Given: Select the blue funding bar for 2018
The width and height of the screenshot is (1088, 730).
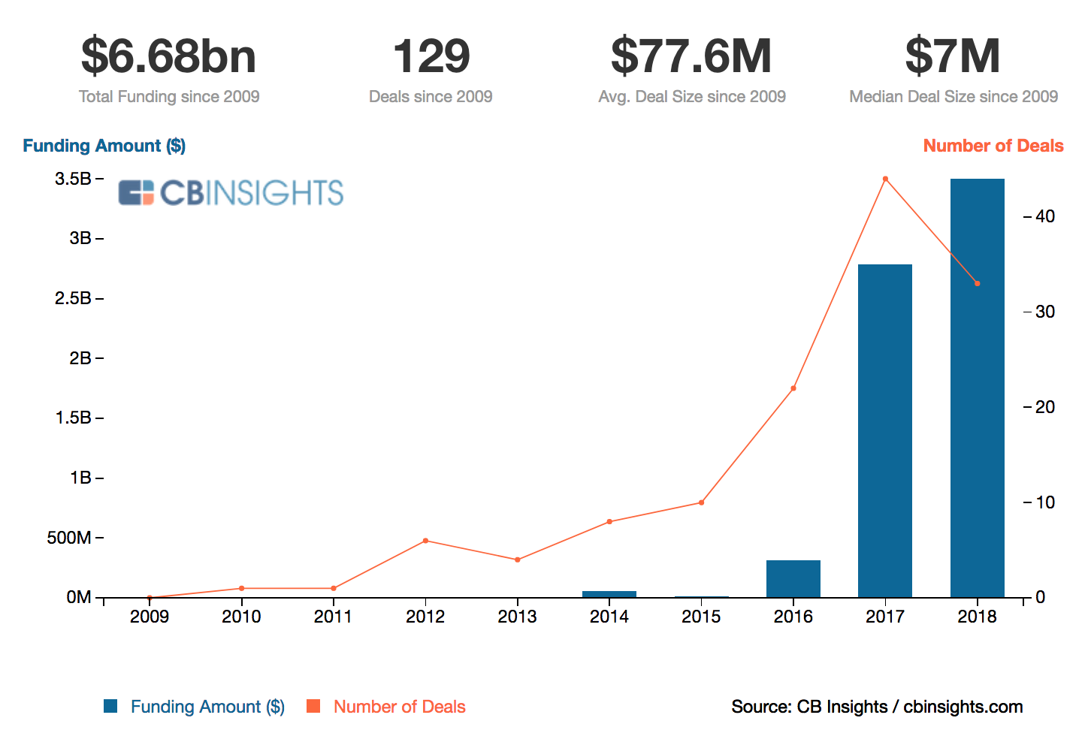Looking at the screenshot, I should point(977,388).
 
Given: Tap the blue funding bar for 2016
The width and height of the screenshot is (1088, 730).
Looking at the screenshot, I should point(793,578).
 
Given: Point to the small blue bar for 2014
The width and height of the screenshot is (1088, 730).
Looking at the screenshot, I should point(609,594).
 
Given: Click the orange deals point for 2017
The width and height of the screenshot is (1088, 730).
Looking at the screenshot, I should point(885,179).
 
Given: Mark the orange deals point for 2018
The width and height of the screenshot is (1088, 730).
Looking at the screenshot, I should point(977,283).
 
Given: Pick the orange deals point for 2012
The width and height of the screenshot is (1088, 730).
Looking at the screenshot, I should point(425,541).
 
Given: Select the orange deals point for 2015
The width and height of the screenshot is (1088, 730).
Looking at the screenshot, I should point(701,502).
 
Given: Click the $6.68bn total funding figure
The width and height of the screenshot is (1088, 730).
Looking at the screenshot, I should point(168,56).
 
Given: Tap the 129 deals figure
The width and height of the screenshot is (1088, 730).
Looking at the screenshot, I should point(431,56).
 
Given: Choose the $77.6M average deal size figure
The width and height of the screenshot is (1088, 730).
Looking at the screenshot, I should point(691,56).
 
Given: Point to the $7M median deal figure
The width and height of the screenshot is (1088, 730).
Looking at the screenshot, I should point(953,56).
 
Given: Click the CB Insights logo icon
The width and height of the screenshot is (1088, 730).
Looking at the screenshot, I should point(136,193).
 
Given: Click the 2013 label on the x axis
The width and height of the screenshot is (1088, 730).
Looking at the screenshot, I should point(517,617).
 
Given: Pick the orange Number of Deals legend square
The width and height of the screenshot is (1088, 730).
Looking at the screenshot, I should point(313,706).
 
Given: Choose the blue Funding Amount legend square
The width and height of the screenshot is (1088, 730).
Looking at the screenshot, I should point(110,706).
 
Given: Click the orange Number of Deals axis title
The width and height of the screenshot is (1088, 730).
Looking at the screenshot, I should point(993,146).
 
